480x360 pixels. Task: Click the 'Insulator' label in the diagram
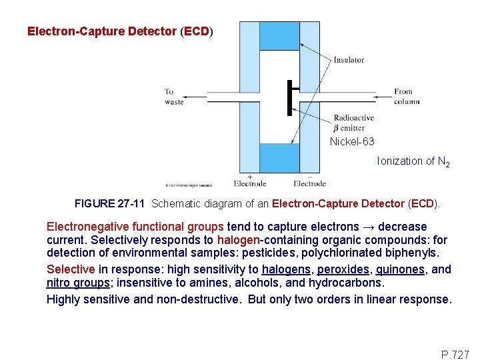(349, 60)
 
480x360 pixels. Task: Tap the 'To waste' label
(174, 97)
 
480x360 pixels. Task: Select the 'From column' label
(406, 97)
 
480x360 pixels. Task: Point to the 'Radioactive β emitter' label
(353, 123)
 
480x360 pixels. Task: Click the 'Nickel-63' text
(352, 141)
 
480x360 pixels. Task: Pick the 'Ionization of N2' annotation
(413, 161)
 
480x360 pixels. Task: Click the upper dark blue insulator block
(279, 37)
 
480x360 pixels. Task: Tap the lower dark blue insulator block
(279, 158)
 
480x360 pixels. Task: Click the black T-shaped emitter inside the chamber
(291, 97)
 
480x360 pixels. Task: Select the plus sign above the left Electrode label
(249, 176)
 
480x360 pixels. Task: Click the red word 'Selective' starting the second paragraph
(71, 269)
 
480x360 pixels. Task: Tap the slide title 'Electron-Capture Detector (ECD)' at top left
(120, 31)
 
